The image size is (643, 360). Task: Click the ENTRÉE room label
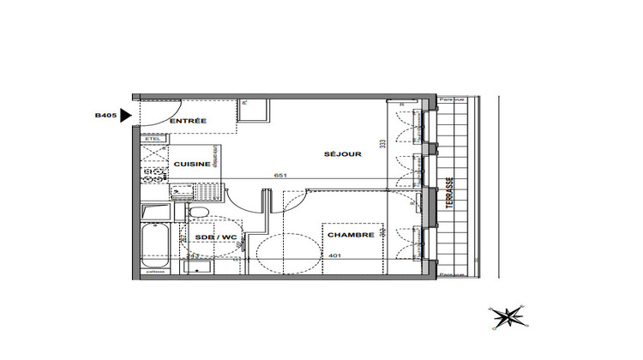tap(188, 122)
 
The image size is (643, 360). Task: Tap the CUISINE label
tap(191, 164)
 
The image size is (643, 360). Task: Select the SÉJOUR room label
tap(343, 154)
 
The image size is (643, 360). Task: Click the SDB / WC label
tap(215, 237)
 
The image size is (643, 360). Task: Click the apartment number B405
tap(106, 114)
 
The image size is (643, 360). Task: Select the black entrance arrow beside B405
tap(126, 115)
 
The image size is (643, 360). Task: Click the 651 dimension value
tap(279, 176)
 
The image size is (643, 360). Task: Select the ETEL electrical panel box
tap(153, 138)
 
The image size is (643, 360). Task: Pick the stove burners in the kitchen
tap(154, 175)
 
